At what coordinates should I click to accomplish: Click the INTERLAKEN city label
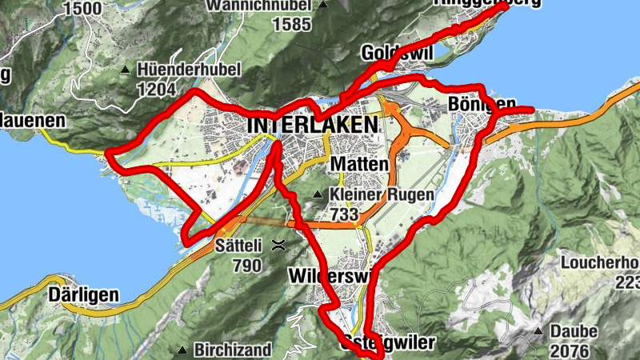click(312, 126)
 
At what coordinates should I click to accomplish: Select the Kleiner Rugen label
click(382, 194)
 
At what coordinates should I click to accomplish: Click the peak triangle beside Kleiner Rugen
click(318, 194)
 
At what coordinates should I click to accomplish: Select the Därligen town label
click(83, 294)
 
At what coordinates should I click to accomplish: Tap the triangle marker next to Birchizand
click(182, 350)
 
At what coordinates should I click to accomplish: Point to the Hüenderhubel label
click(189, 70)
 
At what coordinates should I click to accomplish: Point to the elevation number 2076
click(570, 350)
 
